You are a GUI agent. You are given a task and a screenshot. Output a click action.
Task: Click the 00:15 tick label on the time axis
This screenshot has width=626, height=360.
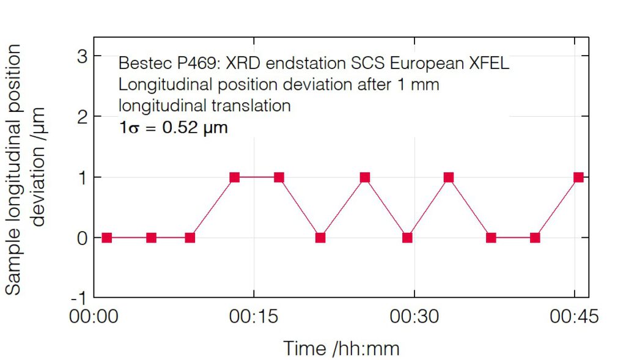(x=254, y=317)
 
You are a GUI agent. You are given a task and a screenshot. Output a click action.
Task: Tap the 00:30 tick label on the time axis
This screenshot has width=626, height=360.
(x=414, y=317)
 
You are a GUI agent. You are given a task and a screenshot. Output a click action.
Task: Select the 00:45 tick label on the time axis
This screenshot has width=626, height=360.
(x=574, y=317)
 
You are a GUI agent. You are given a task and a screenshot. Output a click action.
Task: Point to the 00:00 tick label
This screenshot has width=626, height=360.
(x=94, y=317)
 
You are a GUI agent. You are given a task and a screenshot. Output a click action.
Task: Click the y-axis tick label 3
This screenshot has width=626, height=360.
(x=81, y=56)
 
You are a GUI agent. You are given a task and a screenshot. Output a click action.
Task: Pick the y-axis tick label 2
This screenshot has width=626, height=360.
(x=81, y=116)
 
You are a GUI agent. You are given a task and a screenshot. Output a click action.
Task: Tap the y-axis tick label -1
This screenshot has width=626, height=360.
(x=78, y=298)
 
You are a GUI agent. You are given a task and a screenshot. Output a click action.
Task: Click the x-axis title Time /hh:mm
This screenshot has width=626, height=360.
(x=341, y=348)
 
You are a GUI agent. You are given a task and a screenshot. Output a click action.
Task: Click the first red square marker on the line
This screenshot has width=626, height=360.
(x=107, y=237)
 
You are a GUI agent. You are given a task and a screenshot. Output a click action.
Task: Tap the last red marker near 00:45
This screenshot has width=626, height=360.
(x=578, y=177)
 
